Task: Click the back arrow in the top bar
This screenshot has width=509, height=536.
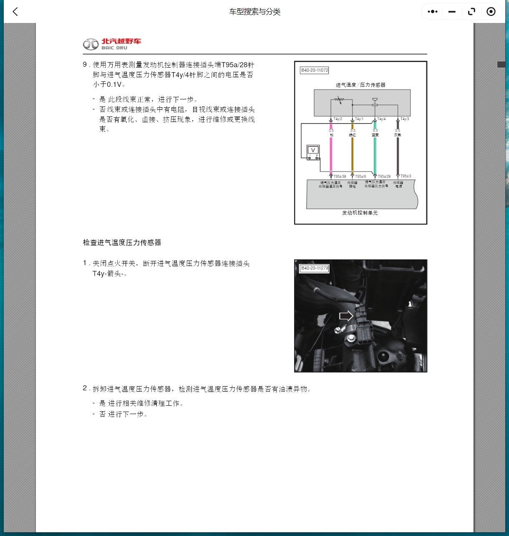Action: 15,12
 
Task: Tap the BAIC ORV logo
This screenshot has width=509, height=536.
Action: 112,44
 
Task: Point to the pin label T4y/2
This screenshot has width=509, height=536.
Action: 338,119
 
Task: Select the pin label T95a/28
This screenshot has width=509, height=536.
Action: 384,177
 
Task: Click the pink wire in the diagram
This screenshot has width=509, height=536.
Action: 331,154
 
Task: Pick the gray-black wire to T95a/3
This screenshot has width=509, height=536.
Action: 398,154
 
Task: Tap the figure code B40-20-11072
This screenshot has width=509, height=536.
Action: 315,71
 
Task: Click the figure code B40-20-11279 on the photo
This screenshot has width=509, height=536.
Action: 315,268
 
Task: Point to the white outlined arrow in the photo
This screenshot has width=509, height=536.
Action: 346,316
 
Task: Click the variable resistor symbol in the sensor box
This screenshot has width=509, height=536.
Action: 338,100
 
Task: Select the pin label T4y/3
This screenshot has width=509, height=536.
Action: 405,119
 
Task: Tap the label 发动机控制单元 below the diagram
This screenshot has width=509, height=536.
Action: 360,213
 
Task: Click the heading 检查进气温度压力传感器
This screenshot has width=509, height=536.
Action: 122,243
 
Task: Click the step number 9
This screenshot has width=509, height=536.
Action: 85,65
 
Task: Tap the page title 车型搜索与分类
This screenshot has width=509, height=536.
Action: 254,12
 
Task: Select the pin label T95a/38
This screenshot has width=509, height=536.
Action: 340,177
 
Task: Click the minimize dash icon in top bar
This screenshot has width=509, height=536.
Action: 452,12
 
